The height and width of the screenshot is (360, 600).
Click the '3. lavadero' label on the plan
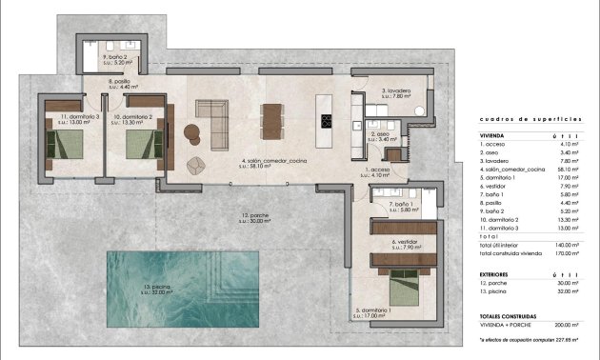point(397,92)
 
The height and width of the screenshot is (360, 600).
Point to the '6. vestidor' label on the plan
point(406,243)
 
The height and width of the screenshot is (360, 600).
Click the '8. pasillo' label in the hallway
point(122,83)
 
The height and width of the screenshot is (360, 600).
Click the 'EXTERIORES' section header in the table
point(499,273)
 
